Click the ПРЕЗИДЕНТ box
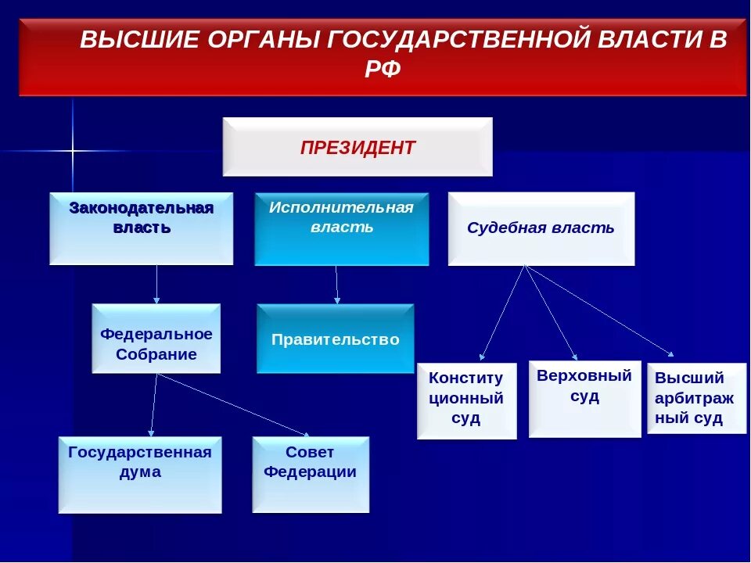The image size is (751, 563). coord(358,147)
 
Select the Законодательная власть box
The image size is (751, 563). coord(142,228)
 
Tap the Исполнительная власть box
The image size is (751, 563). coord(341,228)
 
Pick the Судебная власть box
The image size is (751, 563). coord(541,228)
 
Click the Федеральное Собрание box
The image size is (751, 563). coord(156,339)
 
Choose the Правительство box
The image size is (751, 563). coord(336,339)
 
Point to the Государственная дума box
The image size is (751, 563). coord(140,474)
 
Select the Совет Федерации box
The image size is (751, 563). coord(310,474)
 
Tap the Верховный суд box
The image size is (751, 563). coord(584,398)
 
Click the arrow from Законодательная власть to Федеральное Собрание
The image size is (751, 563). coord(156,284)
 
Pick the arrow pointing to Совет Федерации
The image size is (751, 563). coord(235,405)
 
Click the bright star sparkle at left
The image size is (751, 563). coord(72,149)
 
